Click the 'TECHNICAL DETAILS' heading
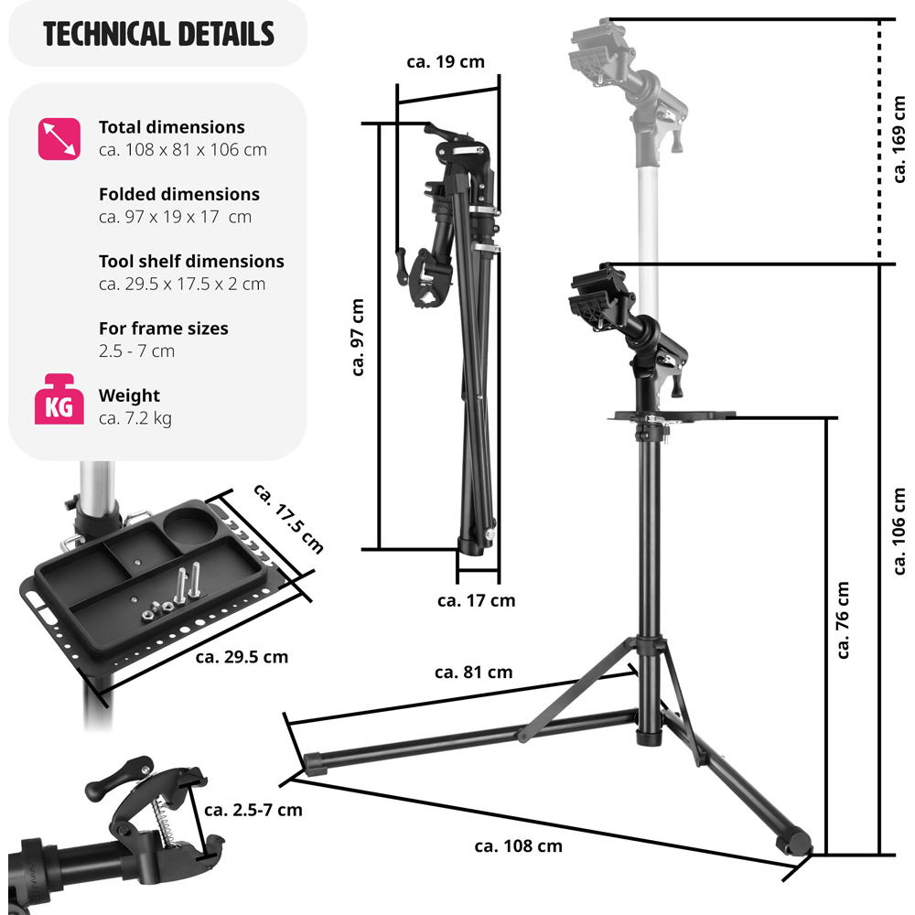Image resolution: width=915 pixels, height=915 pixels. point(158,34)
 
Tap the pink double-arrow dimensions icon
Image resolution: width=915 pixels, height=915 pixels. point(59,139)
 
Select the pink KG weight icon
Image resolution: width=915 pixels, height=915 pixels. point(59,400)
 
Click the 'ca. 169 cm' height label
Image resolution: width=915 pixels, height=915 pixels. point(899,139)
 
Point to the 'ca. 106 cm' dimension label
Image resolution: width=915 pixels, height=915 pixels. point(899,531)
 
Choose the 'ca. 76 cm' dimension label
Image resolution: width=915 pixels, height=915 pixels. point(843,619)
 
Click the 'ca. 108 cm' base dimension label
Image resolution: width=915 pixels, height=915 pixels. point(518,846)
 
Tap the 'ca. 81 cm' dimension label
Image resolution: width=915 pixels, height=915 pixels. point(473,673)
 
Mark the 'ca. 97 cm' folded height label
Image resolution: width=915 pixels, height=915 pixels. point(358,338)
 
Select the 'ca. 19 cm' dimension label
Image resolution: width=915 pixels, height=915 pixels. point(446,62)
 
